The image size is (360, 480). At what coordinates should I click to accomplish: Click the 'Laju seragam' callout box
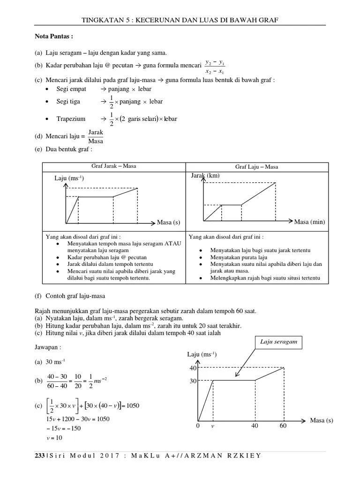click(279, 342)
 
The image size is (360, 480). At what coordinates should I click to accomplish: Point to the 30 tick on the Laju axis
click(192, 382)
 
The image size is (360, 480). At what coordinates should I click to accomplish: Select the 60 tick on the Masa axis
click(283, 426)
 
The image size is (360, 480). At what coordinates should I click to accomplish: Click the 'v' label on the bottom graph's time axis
click(212, 426)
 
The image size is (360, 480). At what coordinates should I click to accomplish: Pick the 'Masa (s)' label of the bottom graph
click(321, 420)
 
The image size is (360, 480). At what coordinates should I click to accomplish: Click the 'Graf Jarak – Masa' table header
click(113, 166)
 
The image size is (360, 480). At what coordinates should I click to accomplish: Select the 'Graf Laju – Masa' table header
click(256, 167)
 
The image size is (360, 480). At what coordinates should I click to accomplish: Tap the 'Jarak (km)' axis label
click(205, 175)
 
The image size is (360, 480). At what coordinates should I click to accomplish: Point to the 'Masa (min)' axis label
click(309, 222)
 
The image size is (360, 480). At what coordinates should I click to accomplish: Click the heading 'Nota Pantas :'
click(54, 36)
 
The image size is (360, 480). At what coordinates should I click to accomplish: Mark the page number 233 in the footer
click(40, 456)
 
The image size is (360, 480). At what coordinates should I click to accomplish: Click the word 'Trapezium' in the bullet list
click(71, 119)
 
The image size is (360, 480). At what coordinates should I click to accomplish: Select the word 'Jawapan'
click(48, 347)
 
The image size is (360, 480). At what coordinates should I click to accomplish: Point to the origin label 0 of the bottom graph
click(198, 426)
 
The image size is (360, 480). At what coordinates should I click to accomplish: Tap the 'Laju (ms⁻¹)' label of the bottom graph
click(202, 354)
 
